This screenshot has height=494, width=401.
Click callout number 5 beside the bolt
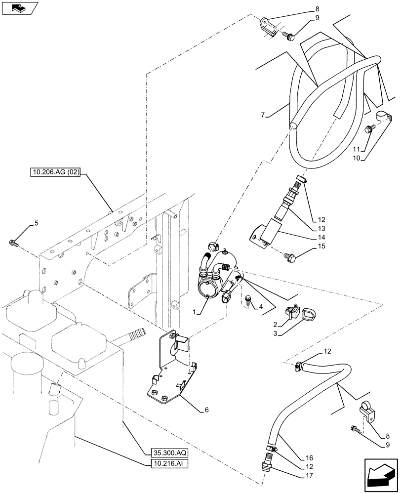(36, 223)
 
